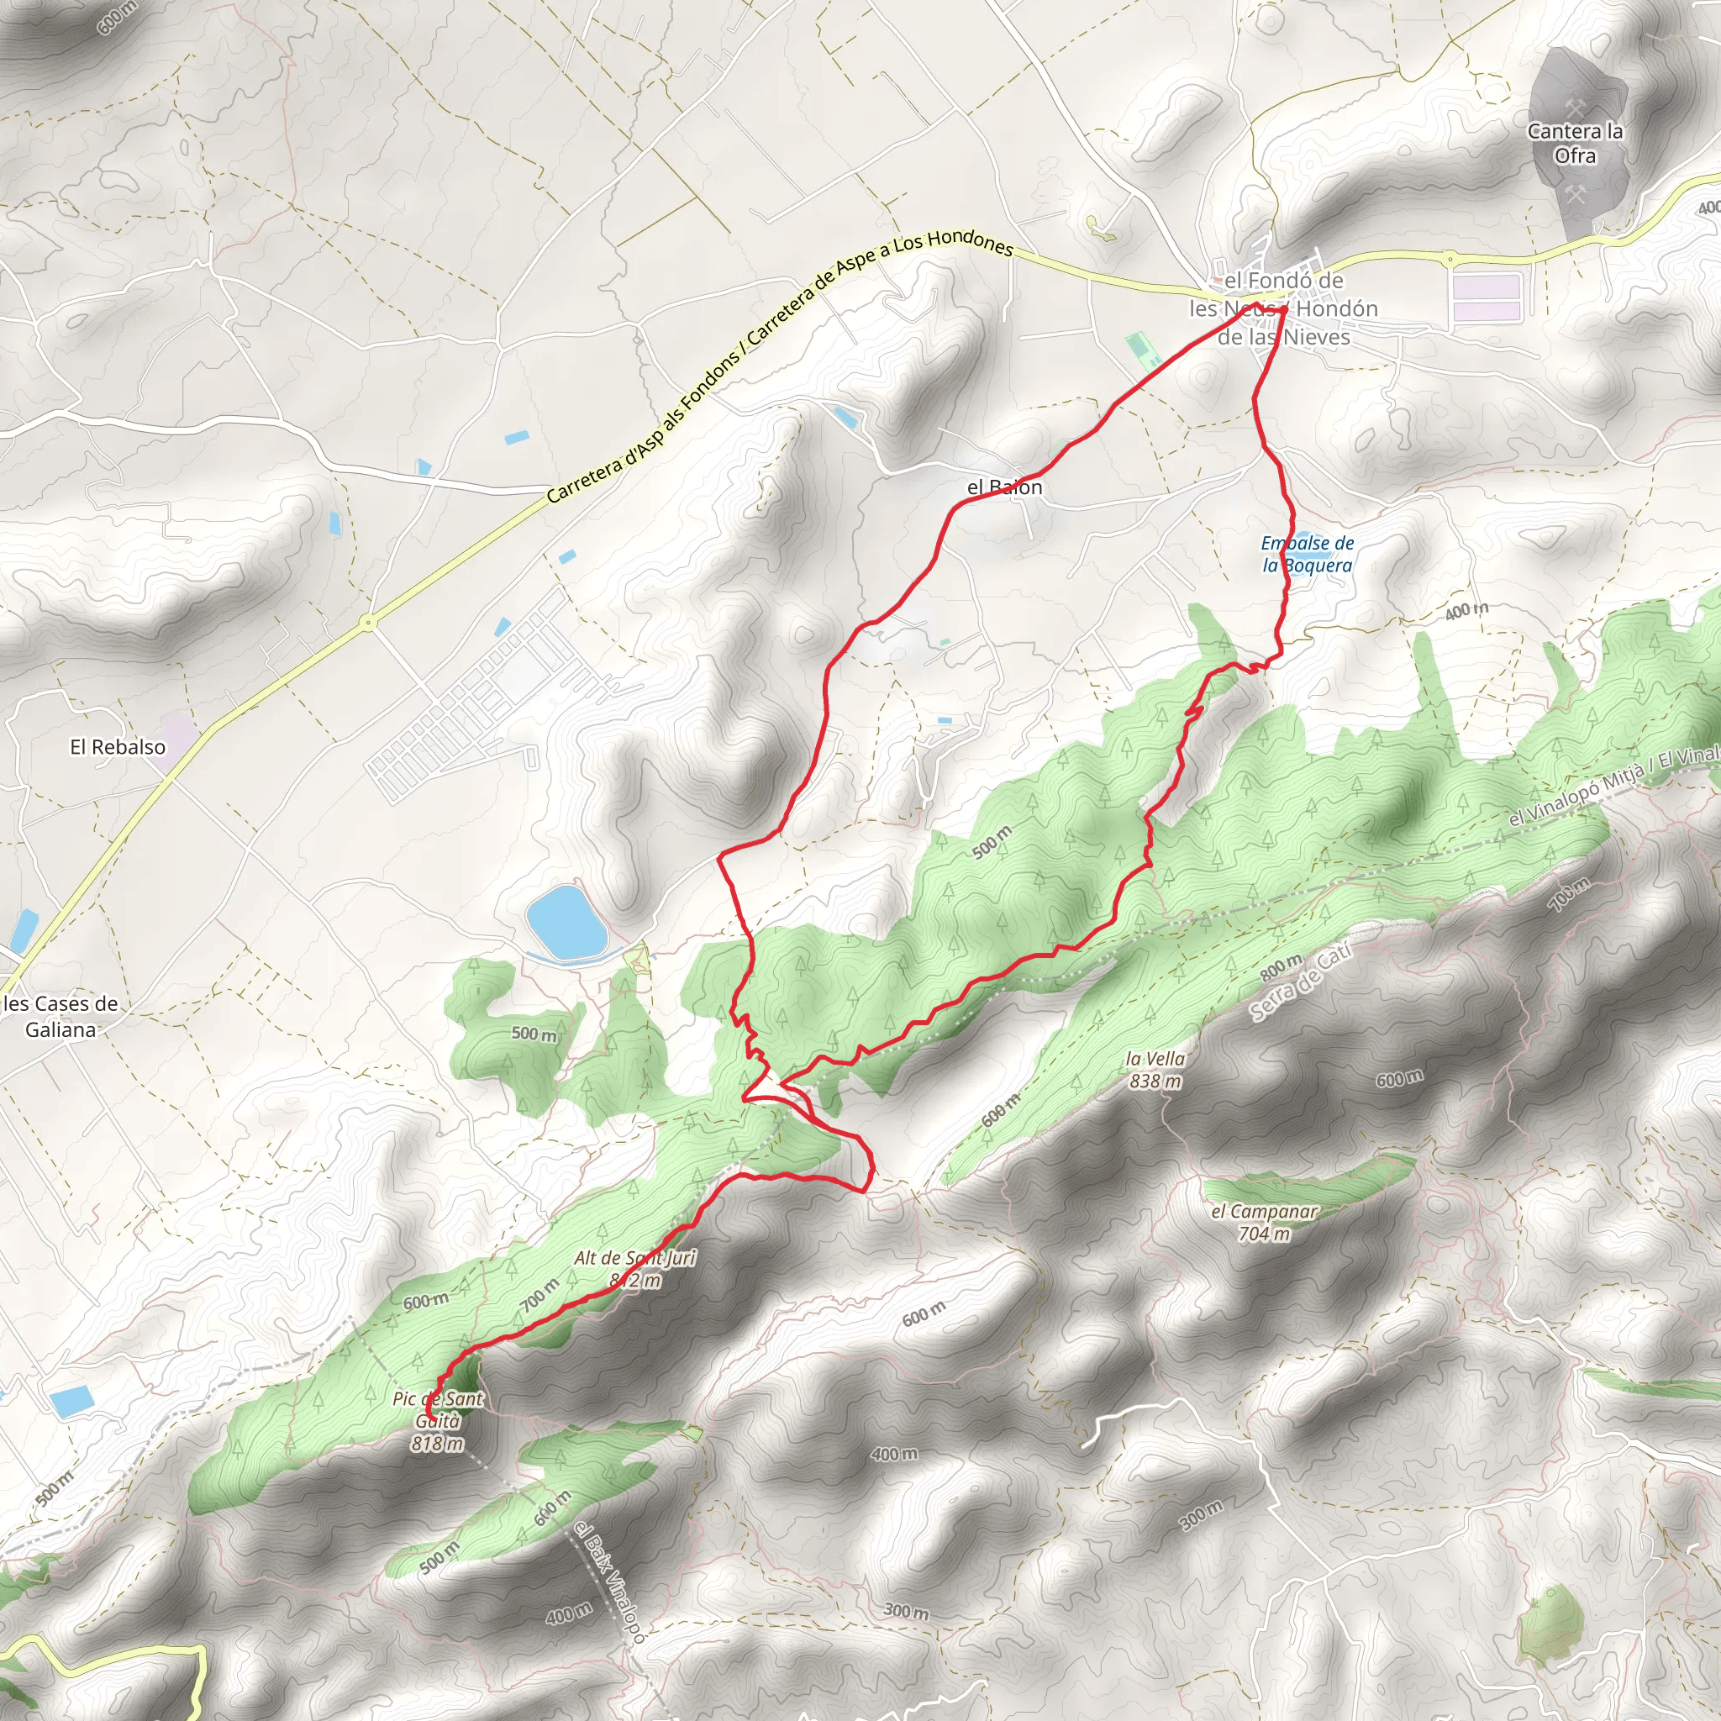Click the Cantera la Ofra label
tap(1574, 144)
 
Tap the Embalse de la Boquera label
tap(1307, 554)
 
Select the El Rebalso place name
tap(118, 746)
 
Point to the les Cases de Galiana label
tap(61, 1017)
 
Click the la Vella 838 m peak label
tap(1155, 1070)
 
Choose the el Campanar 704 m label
tap(1264, 1223)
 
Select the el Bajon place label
tap(1004, 487)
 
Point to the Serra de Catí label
tap(1302, 982)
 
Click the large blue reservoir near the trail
tap(566, 919)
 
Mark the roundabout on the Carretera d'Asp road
tap(368, 623)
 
